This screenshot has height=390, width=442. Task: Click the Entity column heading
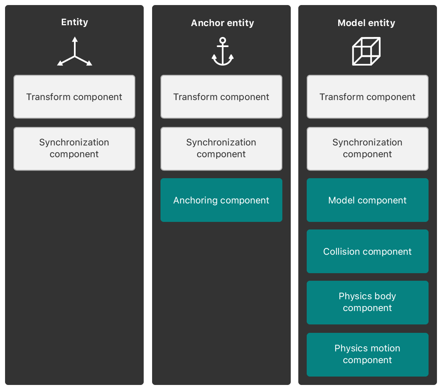coord(74,22)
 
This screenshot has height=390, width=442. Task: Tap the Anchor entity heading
coord(222,23)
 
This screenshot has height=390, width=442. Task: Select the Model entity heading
coord(366,23)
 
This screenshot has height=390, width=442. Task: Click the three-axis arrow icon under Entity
coord(74,52)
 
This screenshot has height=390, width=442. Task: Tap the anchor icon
coord(223,52)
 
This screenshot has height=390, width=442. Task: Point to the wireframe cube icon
coord(366,51)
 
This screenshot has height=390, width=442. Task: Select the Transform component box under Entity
coord(74,97)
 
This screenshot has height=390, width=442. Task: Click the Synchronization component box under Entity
coord(74,148)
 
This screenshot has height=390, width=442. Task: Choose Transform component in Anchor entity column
coord(221,97)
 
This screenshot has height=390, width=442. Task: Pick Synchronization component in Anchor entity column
coord(221,148)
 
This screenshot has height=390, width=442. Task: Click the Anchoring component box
coord(221,200)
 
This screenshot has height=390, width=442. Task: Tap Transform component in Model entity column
coord(368,97)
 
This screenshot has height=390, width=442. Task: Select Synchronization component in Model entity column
coord(368,148)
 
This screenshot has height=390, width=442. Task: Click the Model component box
coord(368,200)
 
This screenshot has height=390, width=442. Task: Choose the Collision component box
coord(368,251)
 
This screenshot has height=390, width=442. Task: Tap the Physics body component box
coord(368,302)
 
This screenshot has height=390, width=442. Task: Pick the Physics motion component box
coord(368,354)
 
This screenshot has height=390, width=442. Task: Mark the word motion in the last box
coord(386,348)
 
